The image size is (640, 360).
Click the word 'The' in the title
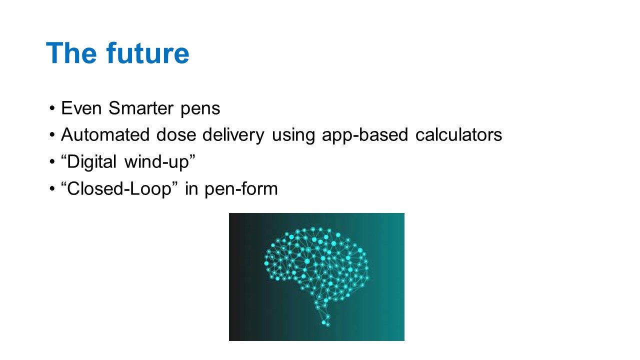pos(71,53)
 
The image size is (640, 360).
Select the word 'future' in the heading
pos(147,53)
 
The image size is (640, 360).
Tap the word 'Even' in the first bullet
pos(81,108)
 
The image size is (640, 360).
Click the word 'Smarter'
pos(141,108)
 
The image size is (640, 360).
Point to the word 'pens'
pos(200,110)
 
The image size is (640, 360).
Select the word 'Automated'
pos(105,134)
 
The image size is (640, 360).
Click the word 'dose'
pos(176,134)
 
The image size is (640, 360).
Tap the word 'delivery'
pos(233,135)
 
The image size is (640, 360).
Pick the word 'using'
pos(293,136)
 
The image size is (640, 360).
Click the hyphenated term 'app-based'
pos(365,135)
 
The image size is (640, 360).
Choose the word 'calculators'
pos(458,134)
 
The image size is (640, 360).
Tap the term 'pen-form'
pos(241,189)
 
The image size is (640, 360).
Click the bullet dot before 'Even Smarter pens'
pos(52,108)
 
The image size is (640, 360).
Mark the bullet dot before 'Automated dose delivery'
pos(52,135)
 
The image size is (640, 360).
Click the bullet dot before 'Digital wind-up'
pos(52,161)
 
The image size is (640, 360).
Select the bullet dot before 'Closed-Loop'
pos(52,188)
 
